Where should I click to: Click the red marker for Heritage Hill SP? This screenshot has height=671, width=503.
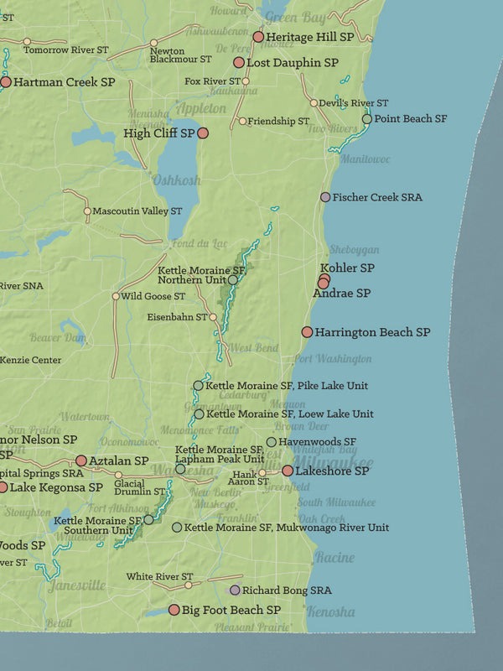(258, 37)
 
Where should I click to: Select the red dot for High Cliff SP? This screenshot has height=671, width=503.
(202, 133)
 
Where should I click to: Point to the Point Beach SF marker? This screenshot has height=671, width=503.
(366, 119)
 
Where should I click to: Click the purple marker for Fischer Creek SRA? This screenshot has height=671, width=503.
(324, 197)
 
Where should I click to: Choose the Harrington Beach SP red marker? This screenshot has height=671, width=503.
(307, 332)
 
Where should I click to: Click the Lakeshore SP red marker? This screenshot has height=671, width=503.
(288, 471)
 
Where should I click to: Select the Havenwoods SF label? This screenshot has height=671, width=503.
(317, 442)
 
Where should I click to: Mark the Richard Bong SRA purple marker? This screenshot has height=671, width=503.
(235, 590)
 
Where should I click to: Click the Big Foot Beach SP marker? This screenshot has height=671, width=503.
(174, 610)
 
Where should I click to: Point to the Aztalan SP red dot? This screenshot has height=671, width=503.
(81, 460)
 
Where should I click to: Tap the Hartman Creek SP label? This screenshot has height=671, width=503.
(64, 82)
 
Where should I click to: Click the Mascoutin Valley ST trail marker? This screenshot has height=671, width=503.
(87, 211)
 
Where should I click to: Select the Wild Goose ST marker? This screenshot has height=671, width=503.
(116, 296)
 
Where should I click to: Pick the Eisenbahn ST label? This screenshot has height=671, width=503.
(177, 318)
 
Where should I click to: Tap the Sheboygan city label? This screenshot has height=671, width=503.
(354, 250)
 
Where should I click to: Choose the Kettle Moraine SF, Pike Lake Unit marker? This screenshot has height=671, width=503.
(198, 386)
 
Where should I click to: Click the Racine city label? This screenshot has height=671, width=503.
(334, 558)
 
